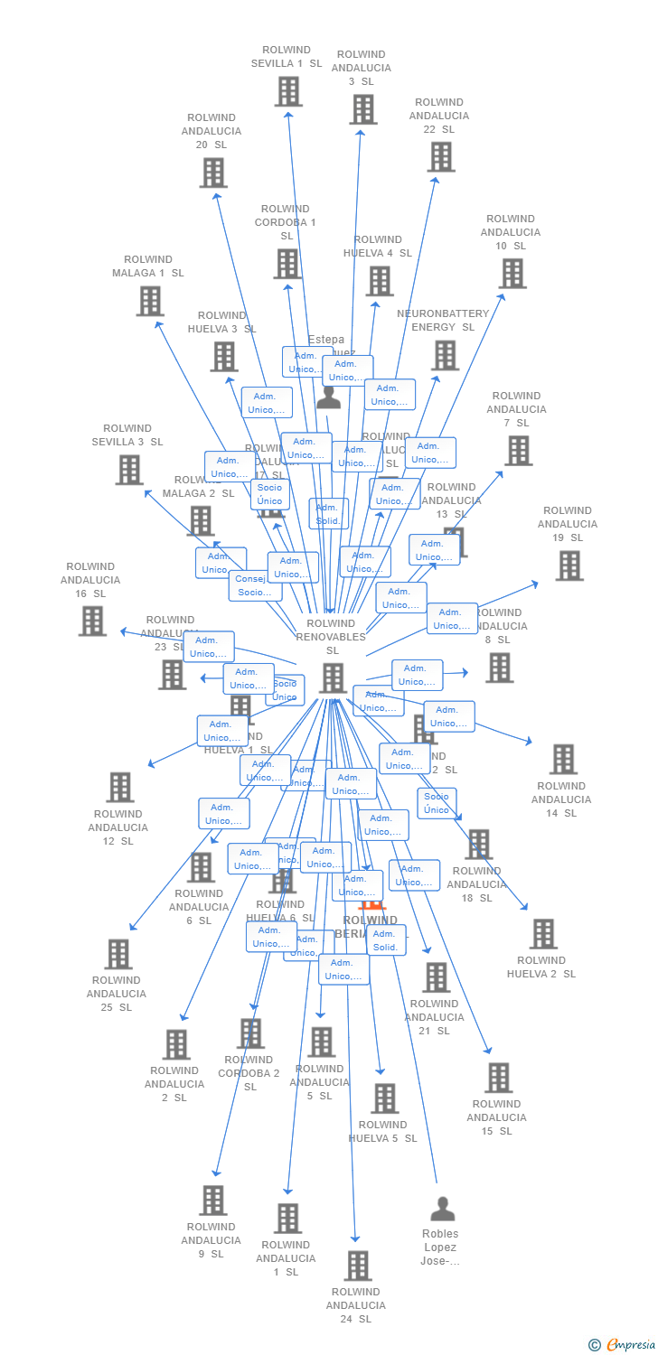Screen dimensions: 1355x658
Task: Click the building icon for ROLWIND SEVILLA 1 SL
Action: [x=287, y=91]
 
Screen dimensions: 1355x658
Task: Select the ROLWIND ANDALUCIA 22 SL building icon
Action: [x=440, y=156]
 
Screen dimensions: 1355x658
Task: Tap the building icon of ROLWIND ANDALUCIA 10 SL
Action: [x=512, y=273]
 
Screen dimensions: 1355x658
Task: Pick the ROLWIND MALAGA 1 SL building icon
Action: [x=149, y=301]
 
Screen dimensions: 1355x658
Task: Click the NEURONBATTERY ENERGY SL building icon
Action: [x=445, y=355]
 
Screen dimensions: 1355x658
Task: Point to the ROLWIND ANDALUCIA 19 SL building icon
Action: [x=569, y=565]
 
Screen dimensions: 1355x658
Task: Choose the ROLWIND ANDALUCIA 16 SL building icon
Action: [x=92, y=621]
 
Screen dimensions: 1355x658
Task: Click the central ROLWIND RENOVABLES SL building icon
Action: [x=333, y=677]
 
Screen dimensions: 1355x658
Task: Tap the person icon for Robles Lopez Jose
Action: [x=442, y=1208]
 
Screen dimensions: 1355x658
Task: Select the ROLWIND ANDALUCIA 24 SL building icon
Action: [x=357, y=1265]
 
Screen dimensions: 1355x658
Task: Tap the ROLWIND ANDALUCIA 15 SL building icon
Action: [x=498, y=1077]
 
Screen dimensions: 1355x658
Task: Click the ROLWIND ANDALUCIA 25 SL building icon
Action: [x=117, y=954]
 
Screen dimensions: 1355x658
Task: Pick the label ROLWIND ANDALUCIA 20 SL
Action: [x=212, y=131]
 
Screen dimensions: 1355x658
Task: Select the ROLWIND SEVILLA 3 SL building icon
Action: [x=129, y=469]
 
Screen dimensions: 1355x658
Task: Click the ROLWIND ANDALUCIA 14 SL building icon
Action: [x=563, y=759]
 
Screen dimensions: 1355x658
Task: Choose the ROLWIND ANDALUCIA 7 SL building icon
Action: [x=518, y=450]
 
